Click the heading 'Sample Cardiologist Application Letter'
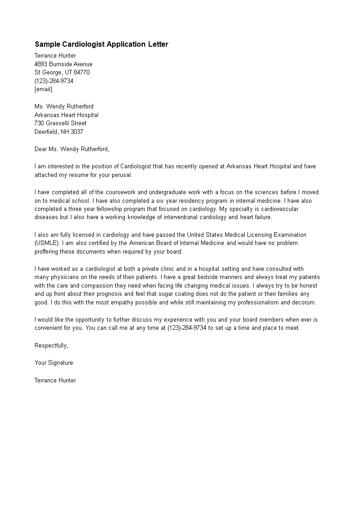coord(101,44)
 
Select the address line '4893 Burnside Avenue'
coord(64,64)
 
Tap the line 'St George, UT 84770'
coord(62,73)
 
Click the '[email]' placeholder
coord(44,89)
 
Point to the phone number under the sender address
coord(54,81)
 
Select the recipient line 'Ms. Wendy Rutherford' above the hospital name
coord(64,107)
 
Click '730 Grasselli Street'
coord(60,123)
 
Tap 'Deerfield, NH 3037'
coord(59,132)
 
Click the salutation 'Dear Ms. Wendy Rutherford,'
coord(72,149)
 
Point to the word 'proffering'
coord(47,252)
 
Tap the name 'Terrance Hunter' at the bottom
coord(55,381)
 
